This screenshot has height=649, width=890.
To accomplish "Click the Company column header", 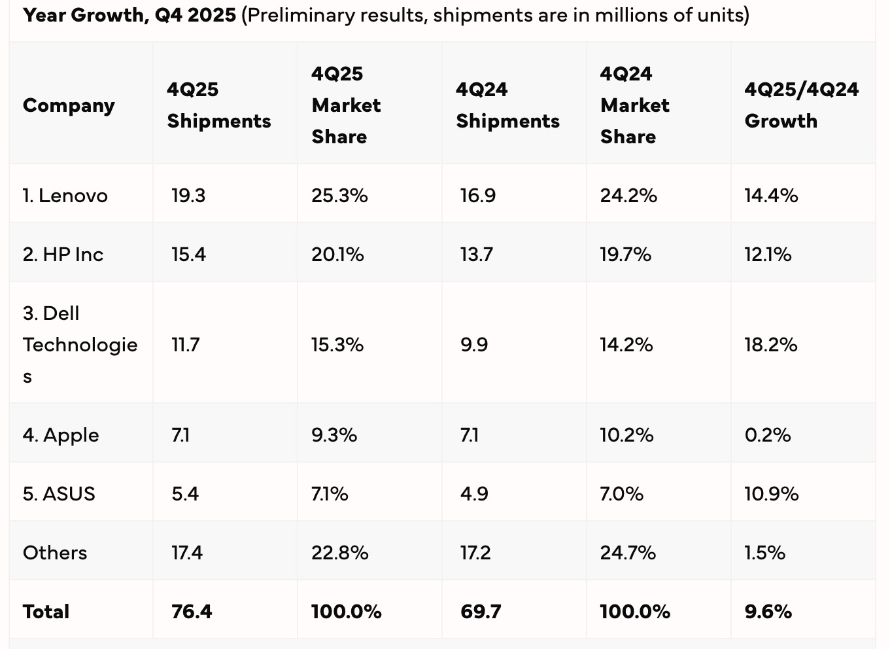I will [x=69, y=105].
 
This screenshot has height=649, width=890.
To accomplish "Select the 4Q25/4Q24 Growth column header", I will [x=801, y=105].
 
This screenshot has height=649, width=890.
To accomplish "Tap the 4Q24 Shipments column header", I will [x=507, y=105].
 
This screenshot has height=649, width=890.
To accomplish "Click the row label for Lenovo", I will [x=65, y=196].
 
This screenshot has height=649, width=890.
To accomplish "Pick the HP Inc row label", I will [x=63, y=254].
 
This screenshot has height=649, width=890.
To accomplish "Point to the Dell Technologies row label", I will [x=80, y=344].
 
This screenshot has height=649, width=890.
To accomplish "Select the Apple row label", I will [x=61, y=435].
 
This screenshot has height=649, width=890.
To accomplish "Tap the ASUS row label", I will [x=59, y=494].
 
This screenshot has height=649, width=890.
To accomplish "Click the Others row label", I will [x=55, y=553].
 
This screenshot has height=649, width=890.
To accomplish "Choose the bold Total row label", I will [x=46, y=612].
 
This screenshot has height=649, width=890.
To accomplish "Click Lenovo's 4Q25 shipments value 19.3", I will [x=188, y=196].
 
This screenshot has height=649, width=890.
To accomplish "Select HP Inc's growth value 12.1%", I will [x=768, y=254].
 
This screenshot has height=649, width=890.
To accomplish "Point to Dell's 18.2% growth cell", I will [x=770, y=345].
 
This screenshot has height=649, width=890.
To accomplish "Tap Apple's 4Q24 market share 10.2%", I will [x=626, y=435].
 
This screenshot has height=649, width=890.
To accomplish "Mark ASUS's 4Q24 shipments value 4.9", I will [x=474, y=494].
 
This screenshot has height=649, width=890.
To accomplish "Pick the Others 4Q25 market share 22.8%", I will [x=339, y=553].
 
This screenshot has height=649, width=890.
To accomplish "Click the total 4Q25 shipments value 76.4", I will [x=192, y=612].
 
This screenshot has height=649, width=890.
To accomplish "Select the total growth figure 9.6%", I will [x=768, y=612].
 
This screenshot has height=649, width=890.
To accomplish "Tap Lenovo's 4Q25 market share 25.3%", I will [x=339, y=196].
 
